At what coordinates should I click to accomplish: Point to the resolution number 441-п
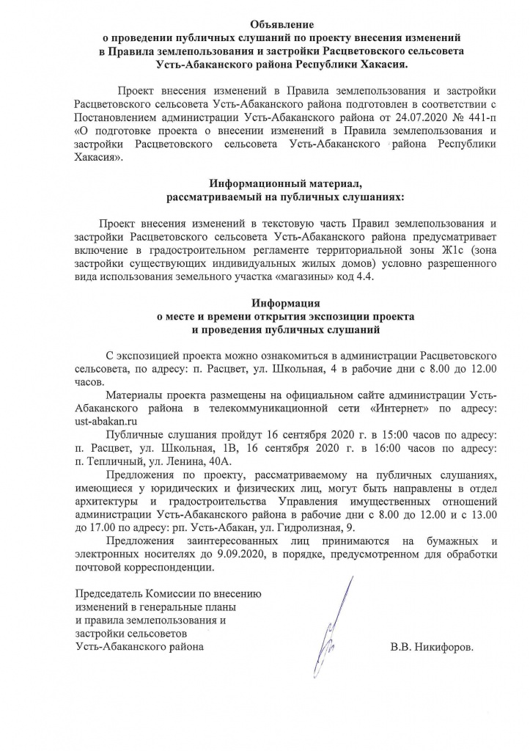(x=477, y=117)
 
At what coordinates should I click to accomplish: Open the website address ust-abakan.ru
(x=106, y=421)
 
